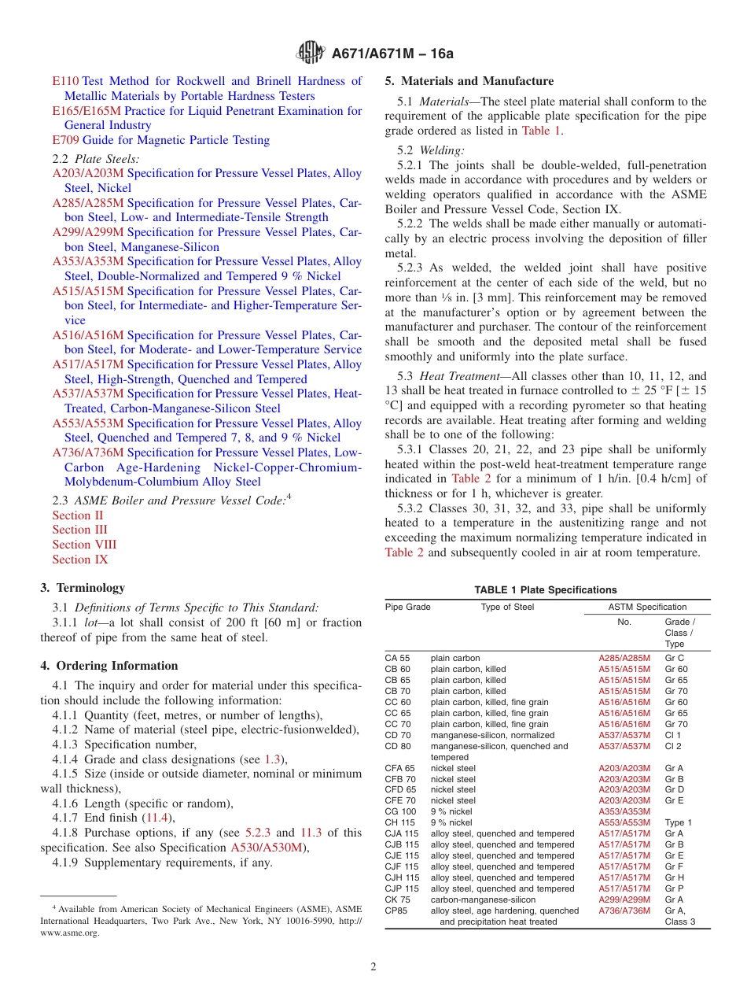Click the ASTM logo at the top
coord(311,53)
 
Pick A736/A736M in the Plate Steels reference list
coord(88,452)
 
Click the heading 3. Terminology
coord(83,588)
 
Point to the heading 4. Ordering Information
coord(109,666)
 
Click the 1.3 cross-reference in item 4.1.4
coord(272,759)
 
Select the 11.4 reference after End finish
coord(157,818)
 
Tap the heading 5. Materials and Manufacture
coord(469,81)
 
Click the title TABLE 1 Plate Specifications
coord(546,590)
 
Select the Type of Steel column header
coord(507,607)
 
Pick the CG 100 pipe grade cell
coord(400,811)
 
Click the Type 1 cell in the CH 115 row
coord(678,822)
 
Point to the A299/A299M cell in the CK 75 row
coord(624,899)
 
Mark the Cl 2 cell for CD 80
coord(673,746)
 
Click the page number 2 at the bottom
coord(373,967)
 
